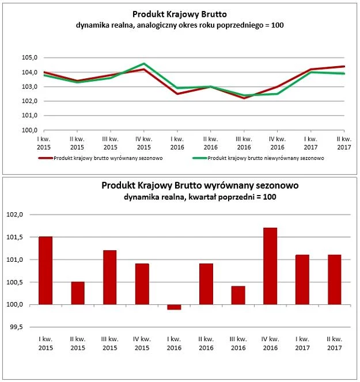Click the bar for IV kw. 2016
tap(270, 266)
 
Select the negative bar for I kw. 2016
tap(174, 307)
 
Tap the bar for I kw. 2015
tap(46, 270)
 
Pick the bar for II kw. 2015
tap(78, 293)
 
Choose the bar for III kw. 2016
tap(238, 295)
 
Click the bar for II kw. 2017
tap(335, 280)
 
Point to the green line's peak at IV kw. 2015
tap(144, 64)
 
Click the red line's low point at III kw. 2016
tap(244, 98)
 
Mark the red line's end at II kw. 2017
tap(344, 66)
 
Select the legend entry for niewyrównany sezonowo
tap(258, 158)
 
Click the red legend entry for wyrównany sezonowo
tap(100, 158)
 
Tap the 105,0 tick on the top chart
tap(29, 58)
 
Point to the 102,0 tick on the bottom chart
tap(14, 215)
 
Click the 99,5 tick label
tap(16, 327)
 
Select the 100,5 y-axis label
tap(14, 282)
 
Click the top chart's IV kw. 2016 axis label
tap(277, 143)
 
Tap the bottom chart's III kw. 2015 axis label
tap(110, 343)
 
